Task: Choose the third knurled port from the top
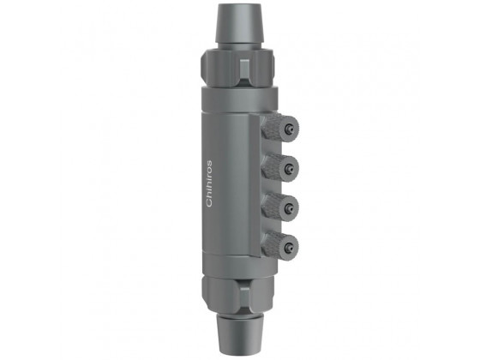point(279,206)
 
